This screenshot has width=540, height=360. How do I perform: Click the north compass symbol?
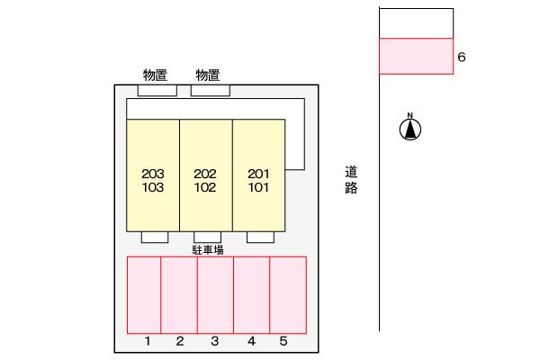pos(409,129)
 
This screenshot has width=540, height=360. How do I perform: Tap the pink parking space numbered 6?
pos(415,56)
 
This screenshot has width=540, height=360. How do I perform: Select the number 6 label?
pos(462,57)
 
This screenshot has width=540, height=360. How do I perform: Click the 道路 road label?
pos(351,179)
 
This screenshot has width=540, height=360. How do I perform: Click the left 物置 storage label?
pos(157,75)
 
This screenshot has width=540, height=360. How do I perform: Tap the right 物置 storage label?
pos(208,75)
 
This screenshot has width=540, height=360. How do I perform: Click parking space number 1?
pos(144,294)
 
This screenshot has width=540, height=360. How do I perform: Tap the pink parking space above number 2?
pos(179,294)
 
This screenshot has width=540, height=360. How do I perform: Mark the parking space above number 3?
pos(215,294)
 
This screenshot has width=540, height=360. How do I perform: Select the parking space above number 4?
pos(251,294)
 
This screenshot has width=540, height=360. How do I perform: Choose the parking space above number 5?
pos(288,294)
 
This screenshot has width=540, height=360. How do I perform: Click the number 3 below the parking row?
pos(215,341)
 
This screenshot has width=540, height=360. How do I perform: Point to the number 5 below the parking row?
pos(283,341)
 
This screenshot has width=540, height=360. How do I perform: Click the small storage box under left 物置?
pos(157,90)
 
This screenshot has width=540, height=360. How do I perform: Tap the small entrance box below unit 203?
pos(155,237)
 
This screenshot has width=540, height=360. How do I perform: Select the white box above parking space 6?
pos(415,22)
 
